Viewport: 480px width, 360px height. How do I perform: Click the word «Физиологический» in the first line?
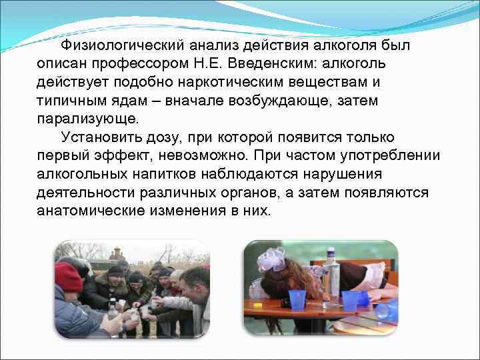tap(118, 46)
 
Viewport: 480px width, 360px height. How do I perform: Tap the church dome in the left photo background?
tap(115, 254)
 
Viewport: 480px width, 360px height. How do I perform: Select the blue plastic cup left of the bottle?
tap(297, 299)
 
